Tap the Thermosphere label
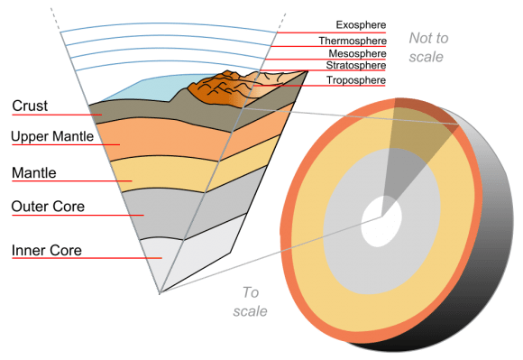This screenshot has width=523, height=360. tap(357, 41)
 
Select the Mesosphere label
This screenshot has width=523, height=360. tap(359, 53)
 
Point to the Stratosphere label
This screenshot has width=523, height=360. tap(357, 66)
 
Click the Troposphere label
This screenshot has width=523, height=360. tap(357, 80)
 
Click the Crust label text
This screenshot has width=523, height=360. tap(30, 106)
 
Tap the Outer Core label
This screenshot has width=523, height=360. tap(48, 207)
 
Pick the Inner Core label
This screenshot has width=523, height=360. tap(47, 249)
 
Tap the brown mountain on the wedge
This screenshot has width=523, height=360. tap(216, 88)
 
